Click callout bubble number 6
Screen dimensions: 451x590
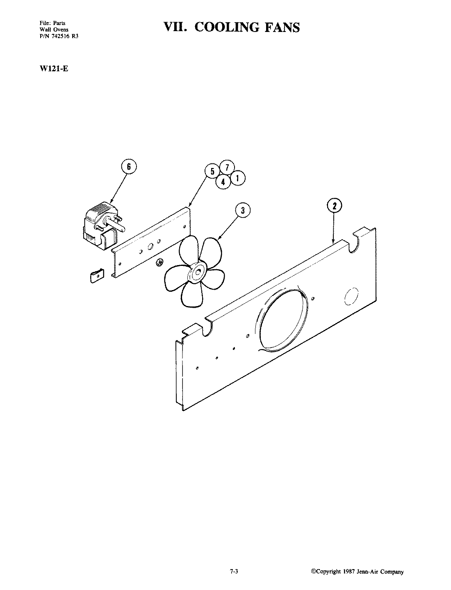129,167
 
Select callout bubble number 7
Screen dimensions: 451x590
227,167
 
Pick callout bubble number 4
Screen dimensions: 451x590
223,182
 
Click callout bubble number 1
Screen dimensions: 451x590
237,178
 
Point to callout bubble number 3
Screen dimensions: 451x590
243,211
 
